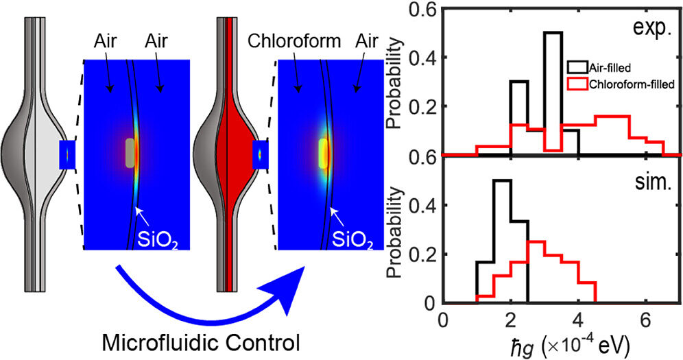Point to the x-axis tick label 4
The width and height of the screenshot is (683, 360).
tap(578, 320)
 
